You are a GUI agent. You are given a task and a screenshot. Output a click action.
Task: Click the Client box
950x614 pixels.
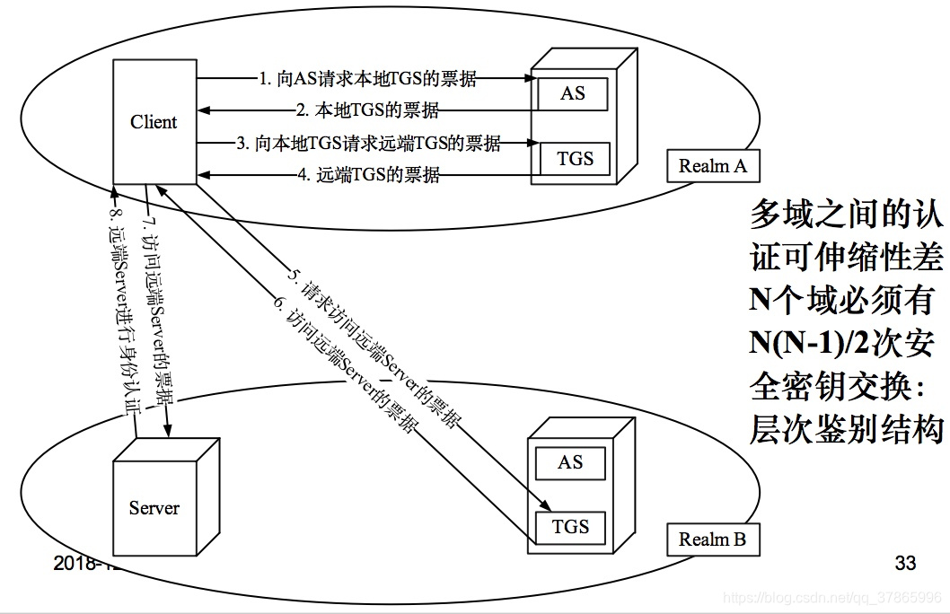click(x=154, y=122)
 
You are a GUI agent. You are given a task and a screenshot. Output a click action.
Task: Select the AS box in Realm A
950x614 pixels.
click(x=572, y=93)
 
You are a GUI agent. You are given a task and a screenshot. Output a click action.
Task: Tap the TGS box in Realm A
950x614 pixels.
click(x=575, y=159)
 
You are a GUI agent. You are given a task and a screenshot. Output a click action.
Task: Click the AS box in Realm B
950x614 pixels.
click(x=570, y=463)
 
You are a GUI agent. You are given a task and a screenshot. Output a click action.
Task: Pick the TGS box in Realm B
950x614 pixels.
click(x=570, y=526)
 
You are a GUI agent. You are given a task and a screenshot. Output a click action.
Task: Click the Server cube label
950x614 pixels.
click(x=154, y=508)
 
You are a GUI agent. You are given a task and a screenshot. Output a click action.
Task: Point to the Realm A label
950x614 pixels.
click(x=712, y=166)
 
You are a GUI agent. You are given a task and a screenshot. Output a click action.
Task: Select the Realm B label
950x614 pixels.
click(x=712, y=539)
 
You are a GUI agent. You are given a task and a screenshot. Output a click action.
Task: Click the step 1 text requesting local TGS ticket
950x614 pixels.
click(x=366, y=79)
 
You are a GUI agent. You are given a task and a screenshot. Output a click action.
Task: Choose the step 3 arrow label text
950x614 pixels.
click(x=368, y=142)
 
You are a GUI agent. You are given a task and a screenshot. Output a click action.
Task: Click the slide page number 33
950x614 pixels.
click(x=905, y=564)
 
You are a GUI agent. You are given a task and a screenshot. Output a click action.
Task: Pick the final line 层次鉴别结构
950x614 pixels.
click(x=846, y=429)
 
